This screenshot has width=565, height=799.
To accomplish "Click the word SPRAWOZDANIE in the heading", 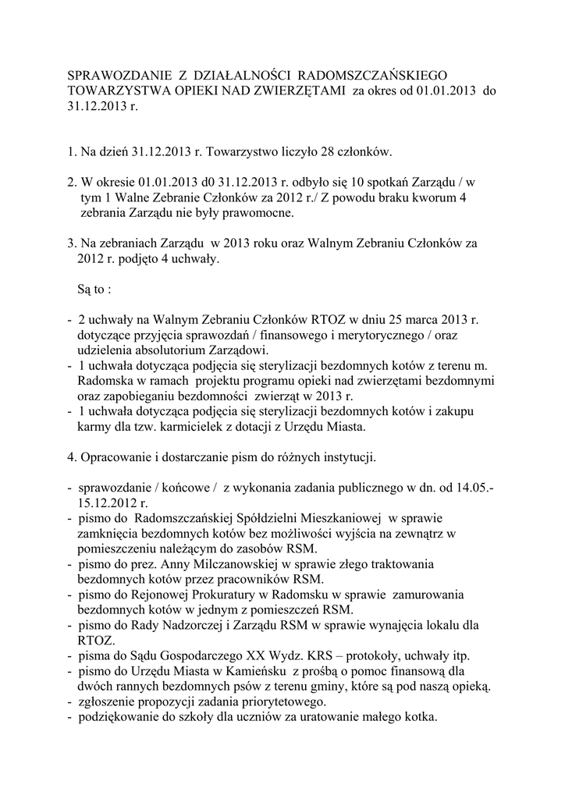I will click(115, 76).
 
